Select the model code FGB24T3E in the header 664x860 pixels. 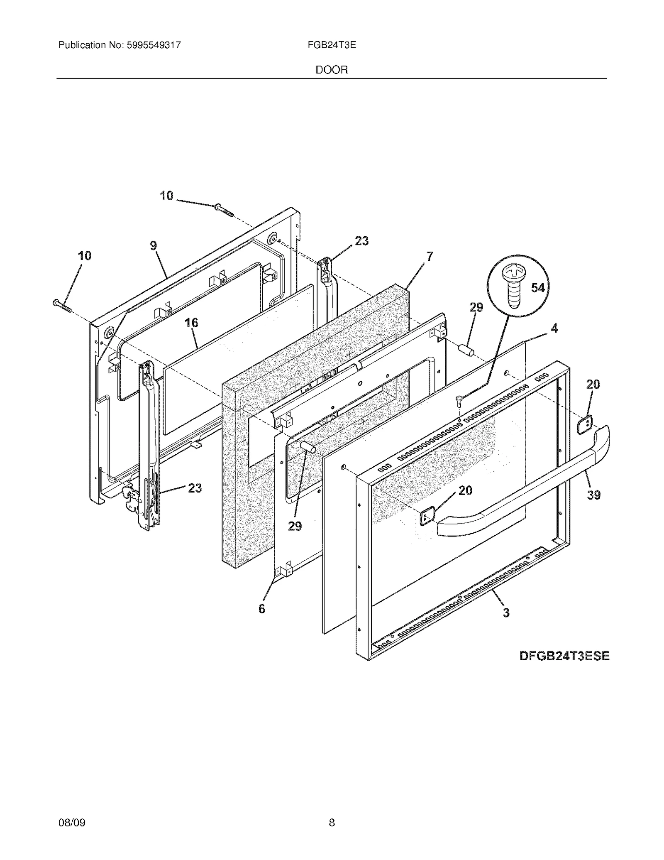point(332,45)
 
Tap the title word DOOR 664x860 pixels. point(332,70)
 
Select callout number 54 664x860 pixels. point(538,287)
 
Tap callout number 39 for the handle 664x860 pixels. point(594,495)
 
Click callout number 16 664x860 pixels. point(191,323)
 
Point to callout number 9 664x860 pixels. point(154,245)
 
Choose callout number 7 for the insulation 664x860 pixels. point(430,256)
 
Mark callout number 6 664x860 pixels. point(261,609)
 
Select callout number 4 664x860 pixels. point(554,328)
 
